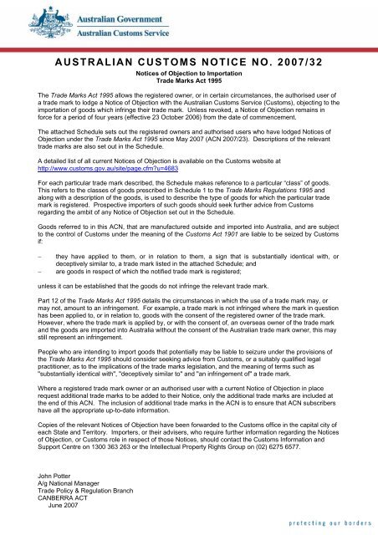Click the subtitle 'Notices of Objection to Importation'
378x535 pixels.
click(189, 75)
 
